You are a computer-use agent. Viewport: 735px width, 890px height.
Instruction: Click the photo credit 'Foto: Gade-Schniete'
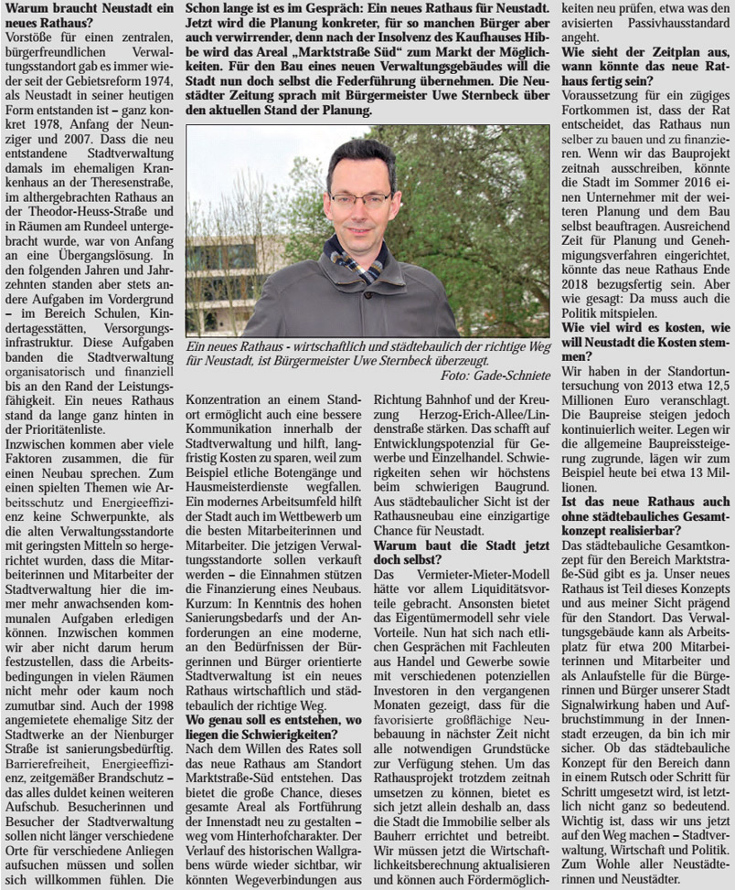point(495,376)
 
